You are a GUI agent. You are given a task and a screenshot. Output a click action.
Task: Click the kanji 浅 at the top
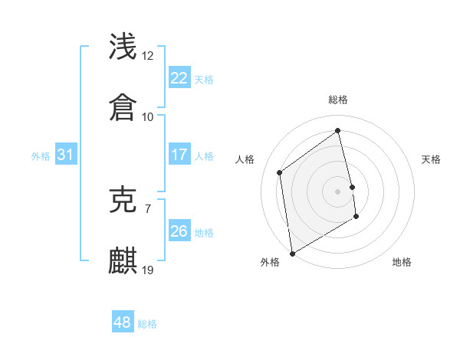tap(123, 47)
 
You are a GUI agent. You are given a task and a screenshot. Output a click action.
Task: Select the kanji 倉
tap(123, 108)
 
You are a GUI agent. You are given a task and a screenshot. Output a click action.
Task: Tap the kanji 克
tap(123, 200)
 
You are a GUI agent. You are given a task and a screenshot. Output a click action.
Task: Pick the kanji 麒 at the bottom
tap(123, 261)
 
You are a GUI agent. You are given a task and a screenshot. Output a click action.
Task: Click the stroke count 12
tap(148, 56)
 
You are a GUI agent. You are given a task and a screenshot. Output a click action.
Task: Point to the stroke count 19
tap(148, 270)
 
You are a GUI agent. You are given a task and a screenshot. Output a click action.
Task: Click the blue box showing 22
tap(179, 78)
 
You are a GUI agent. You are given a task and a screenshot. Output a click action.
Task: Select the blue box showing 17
tap(179, 155)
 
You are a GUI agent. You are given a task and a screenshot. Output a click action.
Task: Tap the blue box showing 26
tap(179, 231)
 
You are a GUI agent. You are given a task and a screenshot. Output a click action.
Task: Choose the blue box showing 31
tap(66, 155)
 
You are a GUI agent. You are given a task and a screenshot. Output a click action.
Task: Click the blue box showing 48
tap(123, 322)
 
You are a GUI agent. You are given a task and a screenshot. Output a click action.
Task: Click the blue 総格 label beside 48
tap(148, 324)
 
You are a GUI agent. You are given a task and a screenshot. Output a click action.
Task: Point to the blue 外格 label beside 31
tap(41, 156)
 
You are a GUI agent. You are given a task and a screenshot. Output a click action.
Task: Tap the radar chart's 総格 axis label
tap(338, 100)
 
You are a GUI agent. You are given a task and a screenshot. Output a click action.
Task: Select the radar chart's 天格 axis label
tap(432, 159)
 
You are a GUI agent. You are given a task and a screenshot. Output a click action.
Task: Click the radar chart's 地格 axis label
tap(402, 263)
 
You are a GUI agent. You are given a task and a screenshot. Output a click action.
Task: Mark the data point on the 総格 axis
tap(338, 130)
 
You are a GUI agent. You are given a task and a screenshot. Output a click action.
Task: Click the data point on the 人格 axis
tap(280, 172)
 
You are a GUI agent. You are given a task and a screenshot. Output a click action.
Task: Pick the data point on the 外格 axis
tap(292, 254)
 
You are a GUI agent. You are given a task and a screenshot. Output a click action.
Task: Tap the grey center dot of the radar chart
tap(338, 191)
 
